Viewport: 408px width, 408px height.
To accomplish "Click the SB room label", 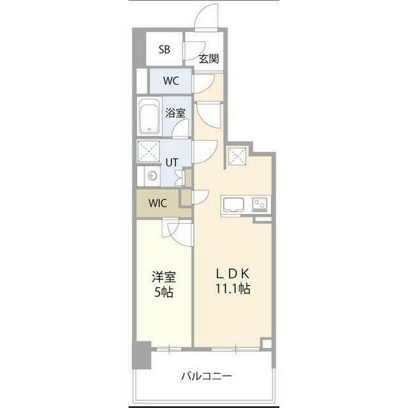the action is (x=164, y=50).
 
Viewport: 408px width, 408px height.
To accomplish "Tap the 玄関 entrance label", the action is (x=208, y=59).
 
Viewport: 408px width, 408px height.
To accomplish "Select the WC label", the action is (x=171, y=81).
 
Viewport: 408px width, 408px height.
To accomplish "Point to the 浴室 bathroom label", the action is (x=175, y=113).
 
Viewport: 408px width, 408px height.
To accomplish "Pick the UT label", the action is (x=171, y=163).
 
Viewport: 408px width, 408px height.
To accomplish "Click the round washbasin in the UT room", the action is (x=152, y=177).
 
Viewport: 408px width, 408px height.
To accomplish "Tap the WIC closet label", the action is (x=157, y=203).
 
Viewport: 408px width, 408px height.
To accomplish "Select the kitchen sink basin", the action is (x=234, y=205).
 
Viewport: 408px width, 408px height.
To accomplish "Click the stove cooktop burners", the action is (x=259, y=204).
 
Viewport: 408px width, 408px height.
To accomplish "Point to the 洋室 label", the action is (x=164, y=277).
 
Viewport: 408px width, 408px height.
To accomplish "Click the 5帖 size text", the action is (x=164, y=293).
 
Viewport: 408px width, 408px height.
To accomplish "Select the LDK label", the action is (x=233, y=273).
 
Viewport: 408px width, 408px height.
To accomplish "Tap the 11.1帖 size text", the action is (x=233, y=289).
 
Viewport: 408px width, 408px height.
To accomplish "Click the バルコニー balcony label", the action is (x=206, y=376).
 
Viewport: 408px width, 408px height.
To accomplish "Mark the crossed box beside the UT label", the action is (x=149, y=151).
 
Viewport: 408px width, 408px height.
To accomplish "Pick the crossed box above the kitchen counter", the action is (x=237, y=156).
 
